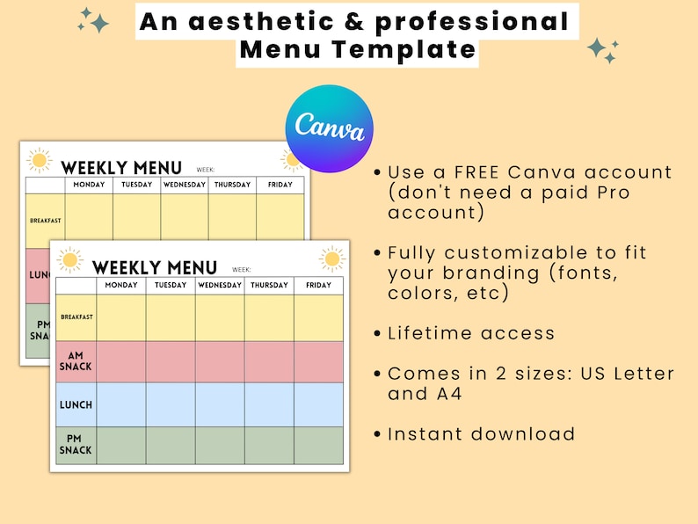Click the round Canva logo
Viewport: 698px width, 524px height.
[x=329, y=128]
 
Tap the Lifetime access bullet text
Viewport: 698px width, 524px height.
[x=471, y=333]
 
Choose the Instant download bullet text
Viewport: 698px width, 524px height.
[x=481, y=434]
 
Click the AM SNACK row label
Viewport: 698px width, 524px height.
[x=76, y=361]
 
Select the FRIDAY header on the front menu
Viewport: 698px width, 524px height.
[x=318, y=286]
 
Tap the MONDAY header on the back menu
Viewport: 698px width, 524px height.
[x=89, y=185]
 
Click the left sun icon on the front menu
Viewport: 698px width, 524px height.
[x=70, y=259]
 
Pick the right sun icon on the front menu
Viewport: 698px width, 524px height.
[x=331, y=258]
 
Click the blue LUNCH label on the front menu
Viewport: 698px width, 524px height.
[x=76, y=404]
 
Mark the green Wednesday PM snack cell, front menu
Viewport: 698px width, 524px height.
[x=220, y=445]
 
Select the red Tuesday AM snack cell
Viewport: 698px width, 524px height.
[x=171, y=361]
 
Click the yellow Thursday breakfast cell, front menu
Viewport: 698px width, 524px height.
[x=269, y=317]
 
